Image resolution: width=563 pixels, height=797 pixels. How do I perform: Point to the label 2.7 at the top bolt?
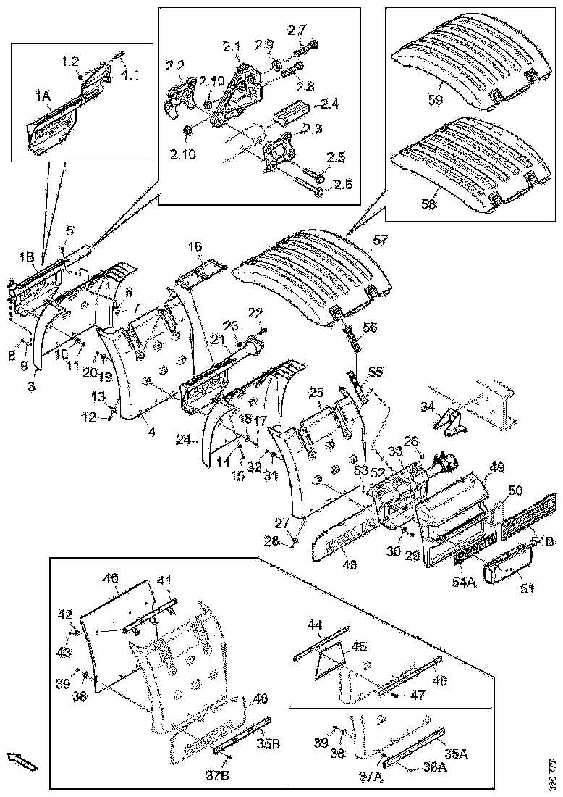click(x=297, y=30)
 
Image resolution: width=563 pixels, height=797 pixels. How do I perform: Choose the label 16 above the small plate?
click(x=195, y=247)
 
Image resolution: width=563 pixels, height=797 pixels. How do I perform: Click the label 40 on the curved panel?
click(x=110, y=580)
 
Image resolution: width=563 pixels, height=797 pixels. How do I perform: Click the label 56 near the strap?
click(x=371, y=327)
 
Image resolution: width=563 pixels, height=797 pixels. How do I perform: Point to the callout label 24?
click(x=183, y=439)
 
